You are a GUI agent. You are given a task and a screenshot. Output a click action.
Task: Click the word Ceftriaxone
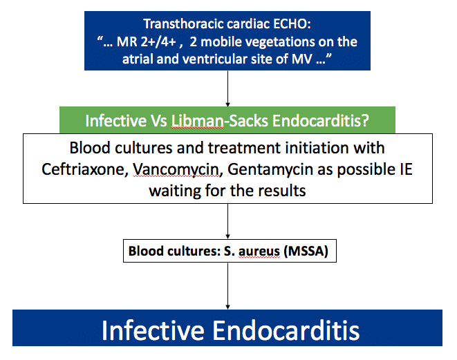90,169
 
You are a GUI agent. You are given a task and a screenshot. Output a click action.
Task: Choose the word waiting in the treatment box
174,190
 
